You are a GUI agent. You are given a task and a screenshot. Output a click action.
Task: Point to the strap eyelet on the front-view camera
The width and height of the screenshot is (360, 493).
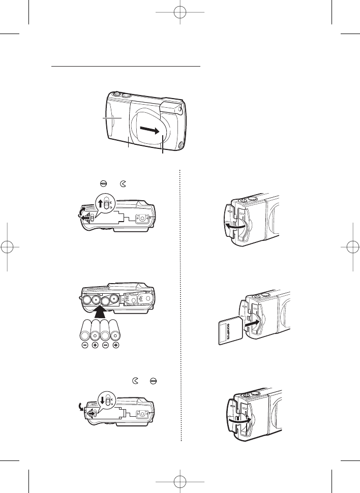coord(182,146)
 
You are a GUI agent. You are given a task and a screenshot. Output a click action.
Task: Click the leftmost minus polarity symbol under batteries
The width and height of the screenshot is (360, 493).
coord(84,346)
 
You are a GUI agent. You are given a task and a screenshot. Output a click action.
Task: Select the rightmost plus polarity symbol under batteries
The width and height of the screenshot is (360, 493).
coord(116,346)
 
